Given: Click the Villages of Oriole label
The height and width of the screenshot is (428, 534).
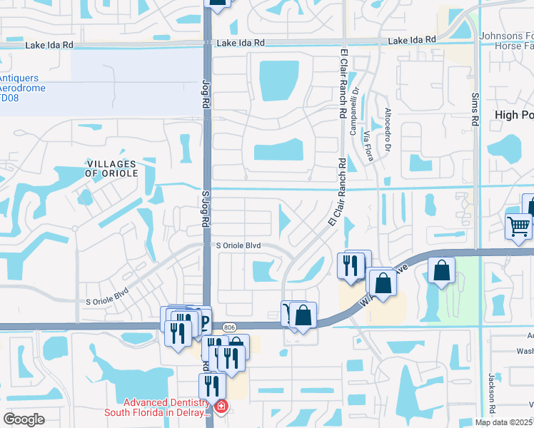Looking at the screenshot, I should tap(111, 168).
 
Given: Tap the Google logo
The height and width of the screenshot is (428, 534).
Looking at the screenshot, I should tap(24, 419).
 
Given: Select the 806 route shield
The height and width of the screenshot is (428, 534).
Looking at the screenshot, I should tap(228, 326).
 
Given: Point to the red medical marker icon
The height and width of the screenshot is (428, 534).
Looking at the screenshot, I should tap(221, 407).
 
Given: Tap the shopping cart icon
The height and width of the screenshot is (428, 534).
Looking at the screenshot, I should tap(518, 227).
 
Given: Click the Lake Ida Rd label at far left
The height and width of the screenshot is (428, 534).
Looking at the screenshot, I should tap(49, 45).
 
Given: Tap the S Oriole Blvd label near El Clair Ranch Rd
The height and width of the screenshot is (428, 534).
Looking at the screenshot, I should tap(238, 245).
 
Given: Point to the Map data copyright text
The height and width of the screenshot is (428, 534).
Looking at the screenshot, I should tap(504, 422).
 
